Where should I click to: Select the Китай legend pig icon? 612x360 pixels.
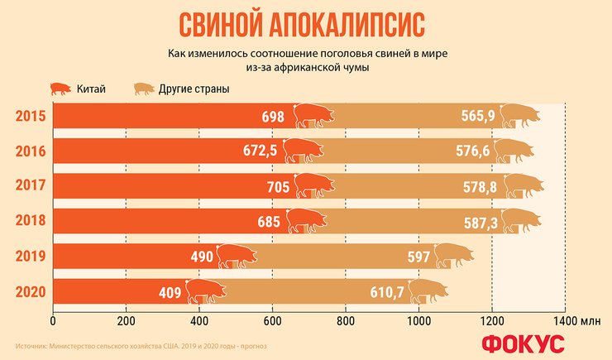click(63, 89)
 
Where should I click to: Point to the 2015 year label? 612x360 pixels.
click(30, 116)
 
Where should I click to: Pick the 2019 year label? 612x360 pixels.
click(30, 257)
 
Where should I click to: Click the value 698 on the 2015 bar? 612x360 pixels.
click(273, 117)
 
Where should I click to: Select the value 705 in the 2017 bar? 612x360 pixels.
click(278, 187)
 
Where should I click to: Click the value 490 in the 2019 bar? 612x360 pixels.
click(202, 257)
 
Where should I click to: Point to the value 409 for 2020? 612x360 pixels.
click(170, 292)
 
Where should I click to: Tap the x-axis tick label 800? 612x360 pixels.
click(345, 321)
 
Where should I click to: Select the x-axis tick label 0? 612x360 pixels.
click(53, 321)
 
